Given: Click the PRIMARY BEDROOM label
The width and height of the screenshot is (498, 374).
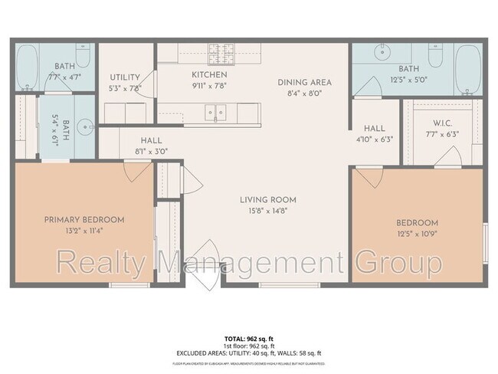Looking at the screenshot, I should click(x=84, y=219).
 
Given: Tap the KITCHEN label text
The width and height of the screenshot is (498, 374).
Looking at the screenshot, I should click(x=209, y=75).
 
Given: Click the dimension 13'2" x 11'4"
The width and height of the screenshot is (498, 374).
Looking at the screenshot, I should click(x=84, y=230).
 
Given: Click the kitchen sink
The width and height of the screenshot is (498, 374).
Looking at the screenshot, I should click(x=216, y=113).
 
